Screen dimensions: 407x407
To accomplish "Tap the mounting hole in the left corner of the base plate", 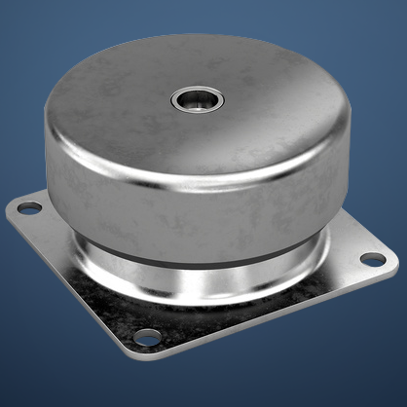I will click(x=30, y=207).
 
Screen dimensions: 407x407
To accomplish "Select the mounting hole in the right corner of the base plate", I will click(x=373, y=259).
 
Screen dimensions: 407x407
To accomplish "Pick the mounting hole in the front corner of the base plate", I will click(x=148, y=337).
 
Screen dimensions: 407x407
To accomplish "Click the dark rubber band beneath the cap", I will click(x=195, y=251).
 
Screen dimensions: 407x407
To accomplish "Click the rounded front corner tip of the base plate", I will click(x=140, y=351).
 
